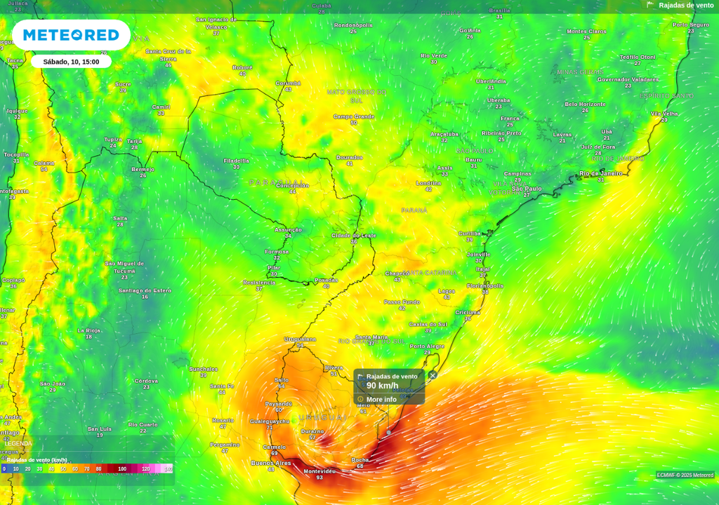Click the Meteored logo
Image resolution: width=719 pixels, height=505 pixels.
click(71, 35)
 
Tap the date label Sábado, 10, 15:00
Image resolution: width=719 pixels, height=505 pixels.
click(71, 62)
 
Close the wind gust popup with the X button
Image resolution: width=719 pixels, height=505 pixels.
click(433, 375)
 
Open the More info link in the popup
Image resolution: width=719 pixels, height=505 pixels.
click(381, 399)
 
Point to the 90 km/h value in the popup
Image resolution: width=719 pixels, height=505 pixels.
click(383, 386)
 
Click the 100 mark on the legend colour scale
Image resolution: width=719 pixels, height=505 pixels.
click(122, 469)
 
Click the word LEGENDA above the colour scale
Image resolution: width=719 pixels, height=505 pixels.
click(18, 443)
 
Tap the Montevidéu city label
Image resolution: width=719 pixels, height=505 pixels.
click(319, 471)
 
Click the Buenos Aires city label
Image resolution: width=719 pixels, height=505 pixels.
click(271, 463)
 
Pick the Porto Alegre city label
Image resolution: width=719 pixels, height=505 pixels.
click(427, 346)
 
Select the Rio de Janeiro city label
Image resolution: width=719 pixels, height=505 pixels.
click(601, 173)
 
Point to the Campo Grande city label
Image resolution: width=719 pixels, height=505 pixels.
click(354, 116)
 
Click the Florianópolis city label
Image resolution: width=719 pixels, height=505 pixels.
click(485, 286)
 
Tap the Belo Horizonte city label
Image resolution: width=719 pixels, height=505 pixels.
click(585, 104)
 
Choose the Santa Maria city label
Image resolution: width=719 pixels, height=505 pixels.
click(371, 337)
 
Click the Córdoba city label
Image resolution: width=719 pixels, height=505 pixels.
click(146, 381)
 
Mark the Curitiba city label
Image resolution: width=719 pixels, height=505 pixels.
click(470, 234)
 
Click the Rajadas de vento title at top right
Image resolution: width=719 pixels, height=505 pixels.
click(686, 5)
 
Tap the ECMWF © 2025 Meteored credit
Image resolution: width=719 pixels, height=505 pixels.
click(685, 475)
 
